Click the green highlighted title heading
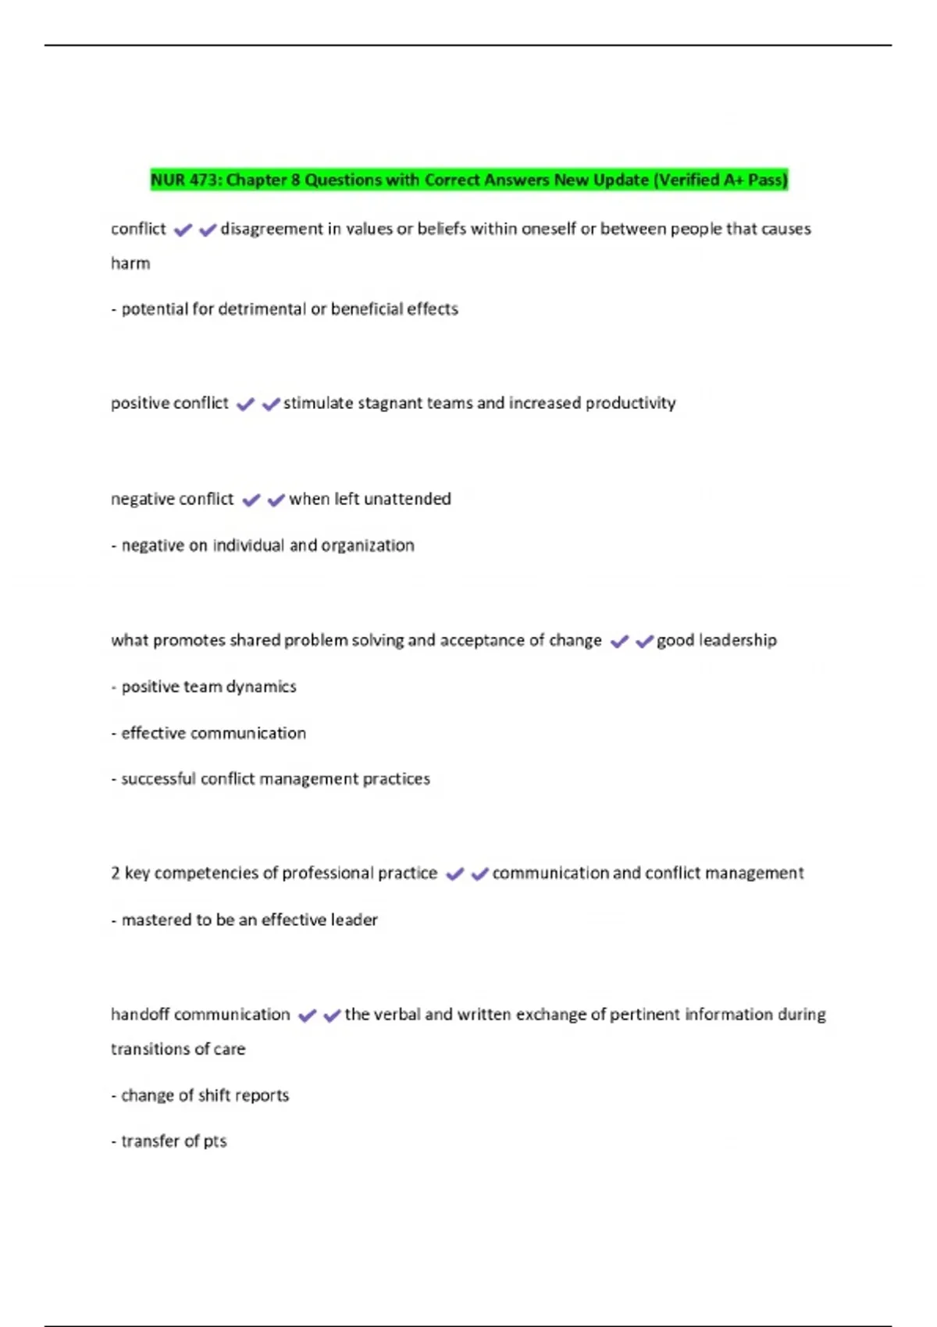click(468, 180)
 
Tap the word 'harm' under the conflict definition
click(130, 264)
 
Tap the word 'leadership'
click(737, 640)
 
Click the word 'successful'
click(159, 779)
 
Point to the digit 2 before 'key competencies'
click(116, 873)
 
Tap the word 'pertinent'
click(644, 1015)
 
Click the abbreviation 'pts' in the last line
click(215, 1142)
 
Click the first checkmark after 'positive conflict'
click(245, 404)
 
